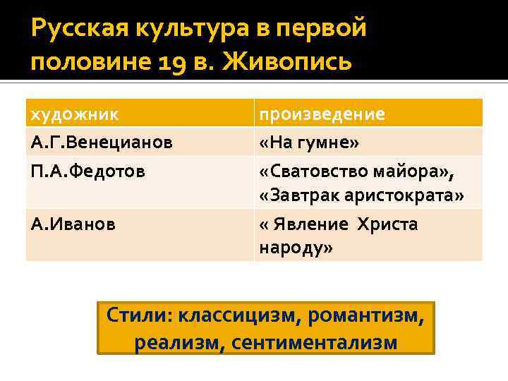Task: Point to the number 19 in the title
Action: tap(168, 62)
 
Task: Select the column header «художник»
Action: tap(74, 114)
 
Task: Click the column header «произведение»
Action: tap(322, 114)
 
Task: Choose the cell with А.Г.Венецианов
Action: tap(102, 143)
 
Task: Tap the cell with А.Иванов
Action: tap(73, 224)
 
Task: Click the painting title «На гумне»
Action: tap(309, 143)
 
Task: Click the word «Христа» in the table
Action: tap(387, 224)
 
